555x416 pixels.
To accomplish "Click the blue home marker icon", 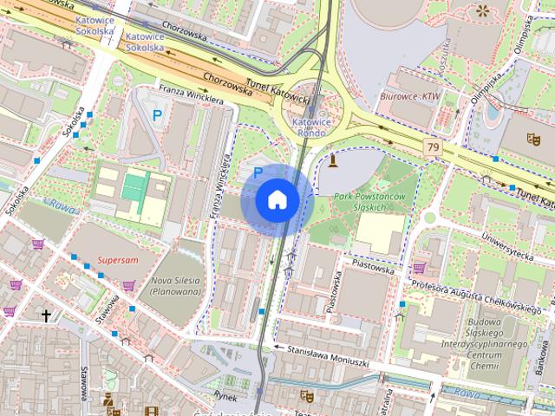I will [x=277, y=199].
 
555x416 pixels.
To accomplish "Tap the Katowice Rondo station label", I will [x=310, y=128].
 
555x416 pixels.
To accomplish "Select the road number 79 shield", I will [x=432, y=148].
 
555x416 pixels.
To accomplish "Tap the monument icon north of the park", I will [x=332, y=159].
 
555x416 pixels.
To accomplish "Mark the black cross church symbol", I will [x=46, y=316].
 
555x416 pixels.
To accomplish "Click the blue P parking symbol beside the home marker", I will [x=258, y=172].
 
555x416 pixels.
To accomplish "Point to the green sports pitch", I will [x=134, y=185].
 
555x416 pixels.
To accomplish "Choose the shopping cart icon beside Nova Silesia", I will [x=128, y=285].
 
